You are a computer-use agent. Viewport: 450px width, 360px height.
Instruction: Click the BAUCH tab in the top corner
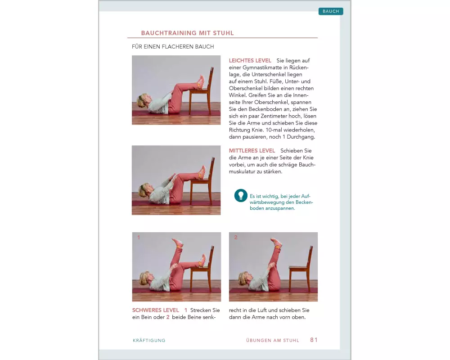click(x=331, y=11)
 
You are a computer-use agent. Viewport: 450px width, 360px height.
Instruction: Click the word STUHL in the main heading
click(x=223, y=33)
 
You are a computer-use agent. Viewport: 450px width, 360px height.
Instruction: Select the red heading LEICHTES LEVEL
click(x=250, y=61)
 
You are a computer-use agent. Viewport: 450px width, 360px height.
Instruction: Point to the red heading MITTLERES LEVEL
click(x=252, y=151)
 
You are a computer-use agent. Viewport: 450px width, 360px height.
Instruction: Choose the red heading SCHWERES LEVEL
click(x=156, y=310)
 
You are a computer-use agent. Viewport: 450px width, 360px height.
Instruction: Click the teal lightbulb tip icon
click(x=241, y=195)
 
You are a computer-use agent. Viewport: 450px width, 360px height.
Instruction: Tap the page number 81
click(x=314, y=340)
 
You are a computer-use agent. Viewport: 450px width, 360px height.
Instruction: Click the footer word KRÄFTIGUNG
click(x=149, y=341)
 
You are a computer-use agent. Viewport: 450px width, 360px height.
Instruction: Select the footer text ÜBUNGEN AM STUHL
click(x=273, y=341)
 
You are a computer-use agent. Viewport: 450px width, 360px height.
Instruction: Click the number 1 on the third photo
click(x=139, y=238)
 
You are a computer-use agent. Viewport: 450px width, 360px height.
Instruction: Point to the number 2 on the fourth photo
click(x=236, y=238)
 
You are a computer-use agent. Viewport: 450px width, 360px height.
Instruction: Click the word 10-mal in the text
click(x=274, y=130)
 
